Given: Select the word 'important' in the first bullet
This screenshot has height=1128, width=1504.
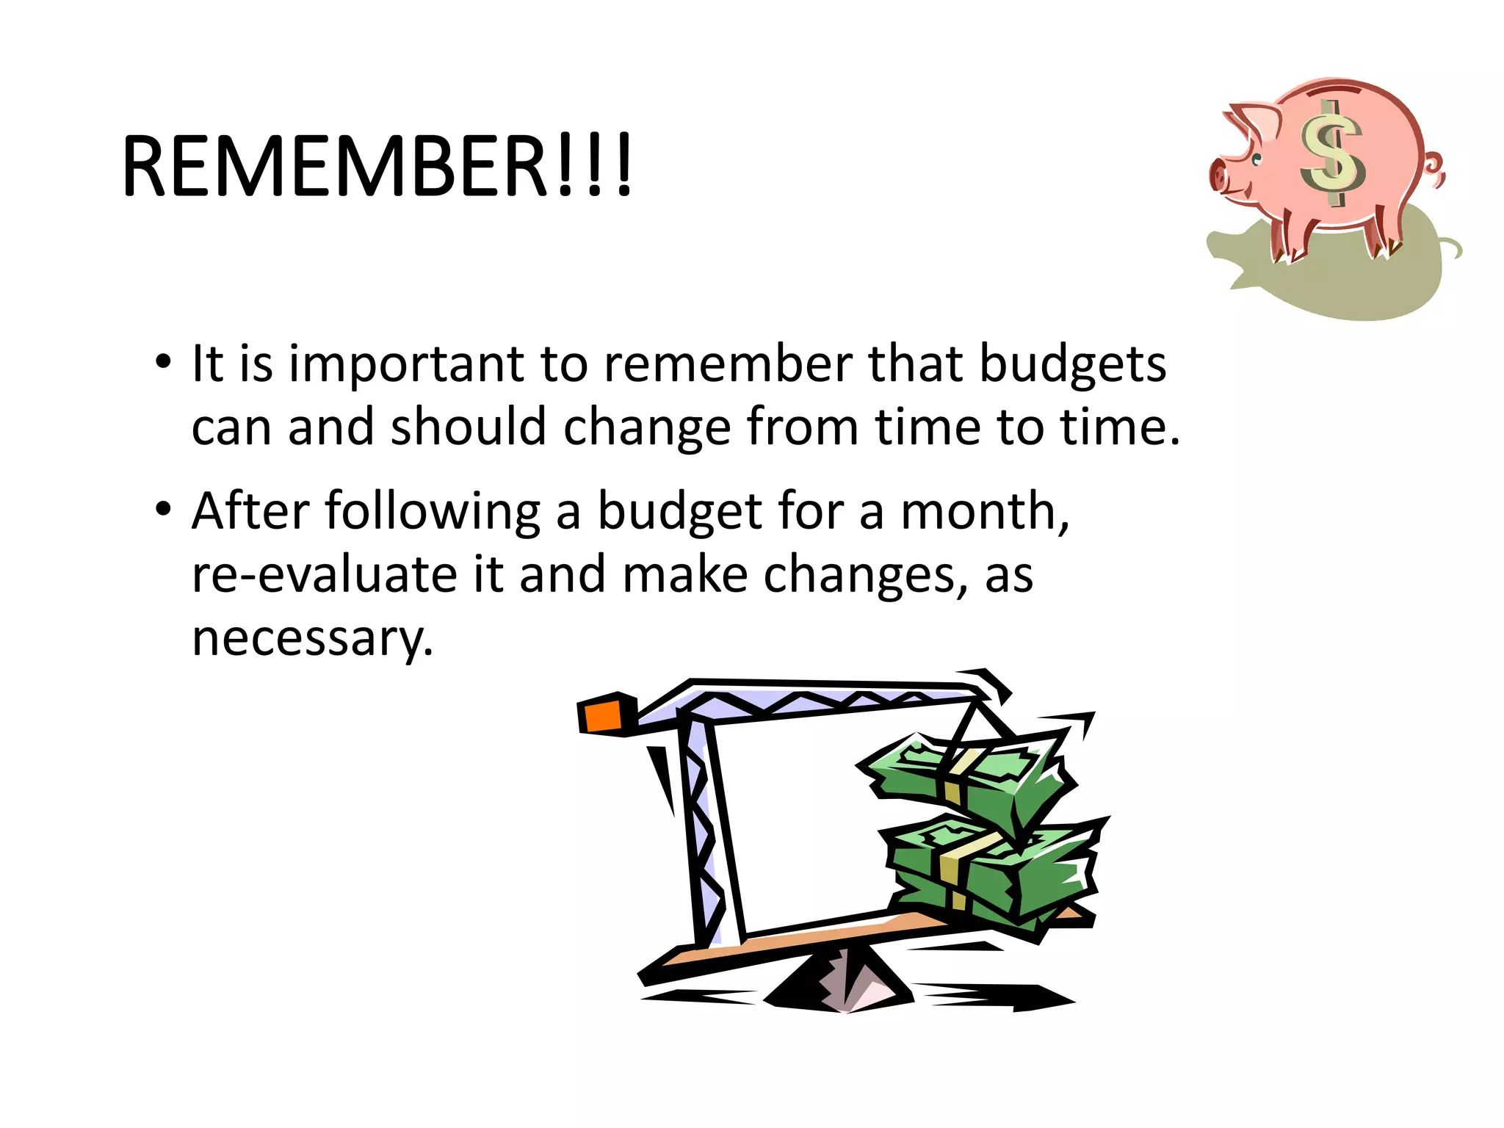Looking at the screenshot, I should pyautogui.click(x=407, y=365).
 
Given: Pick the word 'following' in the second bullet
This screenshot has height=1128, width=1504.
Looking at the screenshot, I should pyautogui.click(x=433, y=511).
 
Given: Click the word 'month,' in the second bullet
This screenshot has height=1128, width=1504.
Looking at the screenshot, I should pyautogui.click(x=985, y=511).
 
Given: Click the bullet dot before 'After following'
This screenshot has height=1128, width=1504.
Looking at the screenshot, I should pyautogui.click(x=163, y=508).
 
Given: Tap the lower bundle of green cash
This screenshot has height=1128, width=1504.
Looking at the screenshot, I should pyautogui.click(x=991, y=867).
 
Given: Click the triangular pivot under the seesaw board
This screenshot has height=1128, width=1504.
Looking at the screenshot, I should pyautogui.click(x=845, y=980).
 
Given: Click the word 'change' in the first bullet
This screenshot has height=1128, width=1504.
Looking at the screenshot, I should pyautogui.click(x=646, y=428).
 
